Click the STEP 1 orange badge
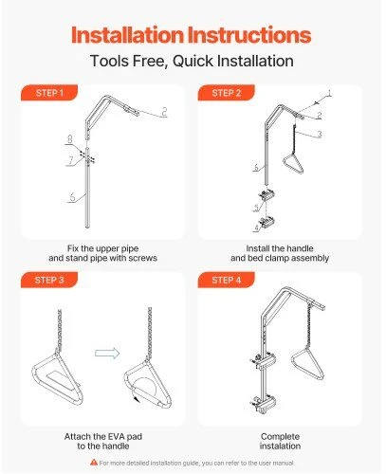coord(49,93)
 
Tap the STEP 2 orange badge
coord(227,93)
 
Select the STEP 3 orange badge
coord(49,280)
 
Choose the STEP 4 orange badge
coord(227,280)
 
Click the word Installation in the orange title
coord(127,34)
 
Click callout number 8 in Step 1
coord(69,138)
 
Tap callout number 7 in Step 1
coord(71,160)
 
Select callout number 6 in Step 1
coord(72,197)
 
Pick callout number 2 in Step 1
coord(164,112)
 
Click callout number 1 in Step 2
coord(329,93)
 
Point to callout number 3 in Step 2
coord(320,134)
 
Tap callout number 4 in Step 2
coord(257,228)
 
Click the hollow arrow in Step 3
coord(107,354)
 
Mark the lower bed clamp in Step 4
coord(263,404)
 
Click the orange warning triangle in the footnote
coord(94,462)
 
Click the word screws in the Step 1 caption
coord(141,258)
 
